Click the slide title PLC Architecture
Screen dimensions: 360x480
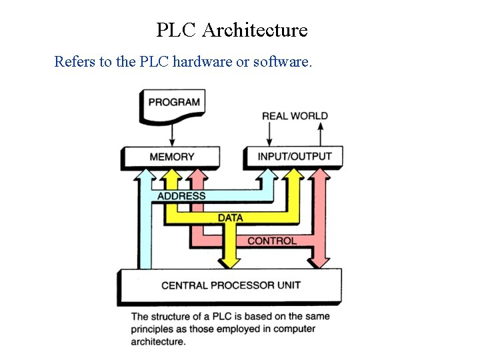pos(232,30)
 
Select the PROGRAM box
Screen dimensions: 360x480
pos(173,102)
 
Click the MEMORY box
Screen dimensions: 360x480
pos(171,157)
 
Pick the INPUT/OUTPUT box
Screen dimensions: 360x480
pos(294,156)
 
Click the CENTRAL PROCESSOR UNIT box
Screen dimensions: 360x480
pos(231,285)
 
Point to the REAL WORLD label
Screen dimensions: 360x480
pos(295,116)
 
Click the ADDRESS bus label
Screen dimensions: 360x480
pos(181,196)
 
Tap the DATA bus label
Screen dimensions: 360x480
pos(231,217)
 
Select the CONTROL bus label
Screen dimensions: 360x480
pos(271,241)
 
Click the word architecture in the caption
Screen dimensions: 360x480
pos(158,341)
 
